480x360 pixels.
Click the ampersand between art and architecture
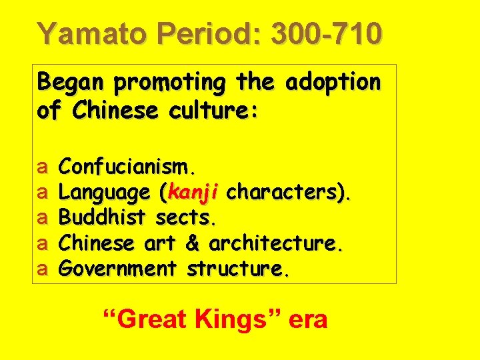(193, 244)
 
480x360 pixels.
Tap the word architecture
(277, 244)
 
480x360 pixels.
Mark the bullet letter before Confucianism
(41, 167)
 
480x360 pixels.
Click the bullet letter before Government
(41, 269)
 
